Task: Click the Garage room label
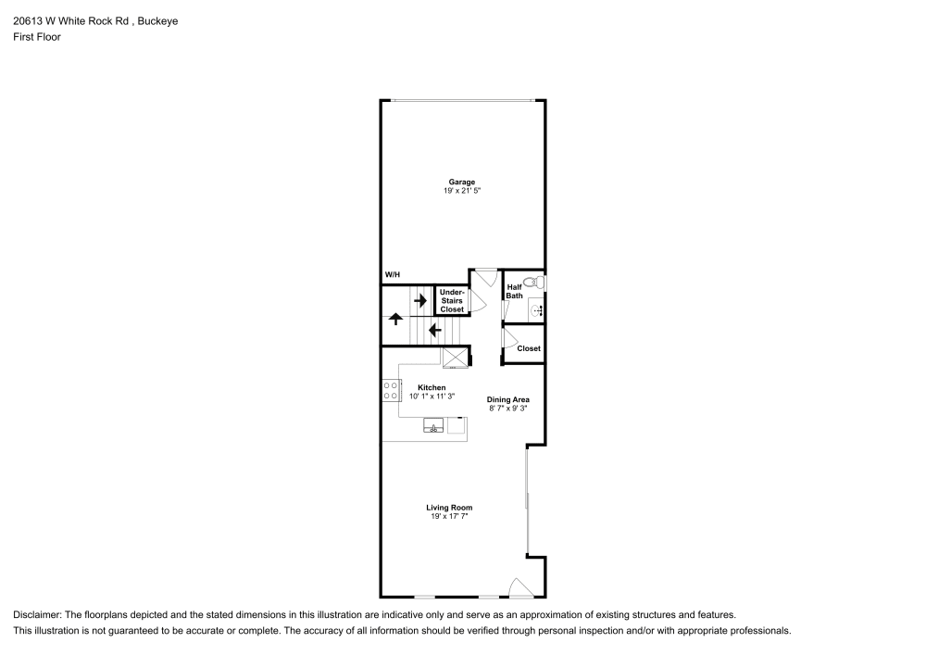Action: (x=462, y=182)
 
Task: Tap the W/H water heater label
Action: (x=392, y=275)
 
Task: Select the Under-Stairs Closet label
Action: (x=452, y=301)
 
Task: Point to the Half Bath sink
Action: (x=536, y=310)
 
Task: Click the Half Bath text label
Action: (x=515, y=291)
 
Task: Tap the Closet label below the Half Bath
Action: (x=529, y=348)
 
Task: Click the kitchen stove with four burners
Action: (x=391, y=390)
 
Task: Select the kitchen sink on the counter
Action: (x=433, y=426)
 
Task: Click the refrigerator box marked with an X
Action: (x=455, y=358)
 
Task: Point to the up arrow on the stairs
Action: (x=395, y=319)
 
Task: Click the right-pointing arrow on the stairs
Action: (x=420, y=300)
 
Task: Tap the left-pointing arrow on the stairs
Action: (x=433, y=328)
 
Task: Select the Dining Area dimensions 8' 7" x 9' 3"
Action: (x=508, y=408)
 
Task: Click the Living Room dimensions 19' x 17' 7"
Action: (x=449, y=516)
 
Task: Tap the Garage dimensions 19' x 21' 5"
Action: (x=462, y=191)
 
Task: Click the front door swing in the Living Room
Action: (x=520, y=587)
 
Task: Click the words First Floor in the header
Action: (x=36, y=37)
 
